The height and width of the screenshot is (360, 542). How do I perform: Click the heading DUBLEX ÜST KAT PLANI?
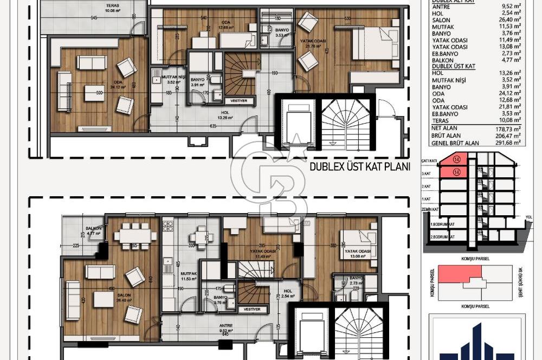pos(359,166)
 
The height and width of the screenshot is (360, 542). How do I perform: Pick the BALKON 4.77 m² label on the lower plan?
pos(94,231)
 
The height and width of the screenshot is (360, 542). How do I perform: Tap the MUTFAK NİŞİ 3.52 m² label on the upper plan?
pos(174,80)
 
